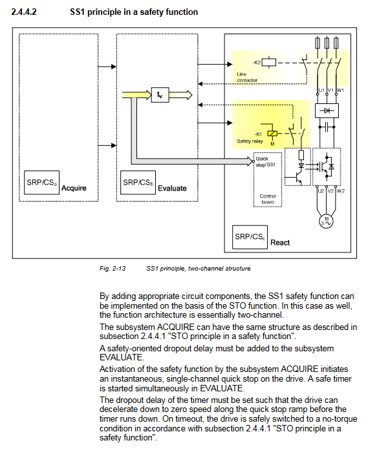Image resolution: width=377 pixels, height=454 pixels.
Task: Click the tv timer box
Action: (x=160, y=95)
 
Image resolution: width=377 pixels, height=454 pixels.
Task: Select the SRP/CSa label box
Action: (x=41, y=182)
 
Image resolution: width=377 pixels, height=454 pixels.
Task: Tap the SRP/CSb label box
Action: (x=138, y=182)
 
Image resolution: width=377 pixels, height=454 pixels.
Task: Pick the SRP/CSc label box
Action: (x=250, y=237)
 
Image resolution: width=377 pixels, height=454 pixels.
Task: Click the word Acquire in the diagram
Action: (x=74, y=188)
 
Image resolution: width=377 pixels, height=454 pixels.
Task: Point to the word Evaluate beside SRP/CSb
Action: (x=172, y=188)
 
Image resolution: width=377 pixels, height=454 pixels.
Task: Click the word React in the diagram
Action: (x=280, y=243)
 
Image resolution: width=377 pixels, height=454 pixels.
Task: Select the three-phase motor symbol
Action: (x=327, y=222)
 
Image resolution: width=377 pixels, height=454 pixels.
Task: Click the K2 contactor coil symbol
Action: (x=269, y=63)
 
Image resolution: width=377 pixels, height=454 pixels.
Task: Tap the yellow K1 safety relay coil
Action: (x=272, y=134)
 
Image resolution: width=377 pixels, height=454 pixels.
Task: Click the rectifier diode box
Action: (x=327, y=110)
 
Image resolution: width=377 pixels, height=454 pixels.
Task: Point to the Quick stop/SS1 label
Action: (x=265, y=161)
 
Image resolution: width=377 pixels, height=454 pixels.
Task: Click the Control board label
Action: (x=268, y=199)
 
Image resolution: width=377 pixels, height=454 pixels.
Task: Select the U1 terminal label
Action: (x=321, y=90)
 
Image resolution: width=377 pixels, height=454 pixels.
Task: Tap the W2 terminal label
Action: (x=341, y=191)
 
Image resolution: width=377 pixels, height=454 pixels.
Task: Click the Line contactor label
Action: (x=247, y=77)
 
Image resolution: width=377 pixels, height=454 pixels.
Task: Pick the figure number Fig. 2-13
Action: (x=113, y=269)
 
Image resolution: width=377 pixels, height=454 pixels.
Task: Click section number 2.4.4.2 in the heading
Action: (x=24, y=12)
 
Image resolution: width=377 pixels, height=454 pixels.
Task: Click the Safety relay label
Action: (x=250, y=141)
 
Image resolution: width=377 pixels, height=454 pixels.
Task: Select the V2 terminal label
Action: (x=330, y=191)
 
